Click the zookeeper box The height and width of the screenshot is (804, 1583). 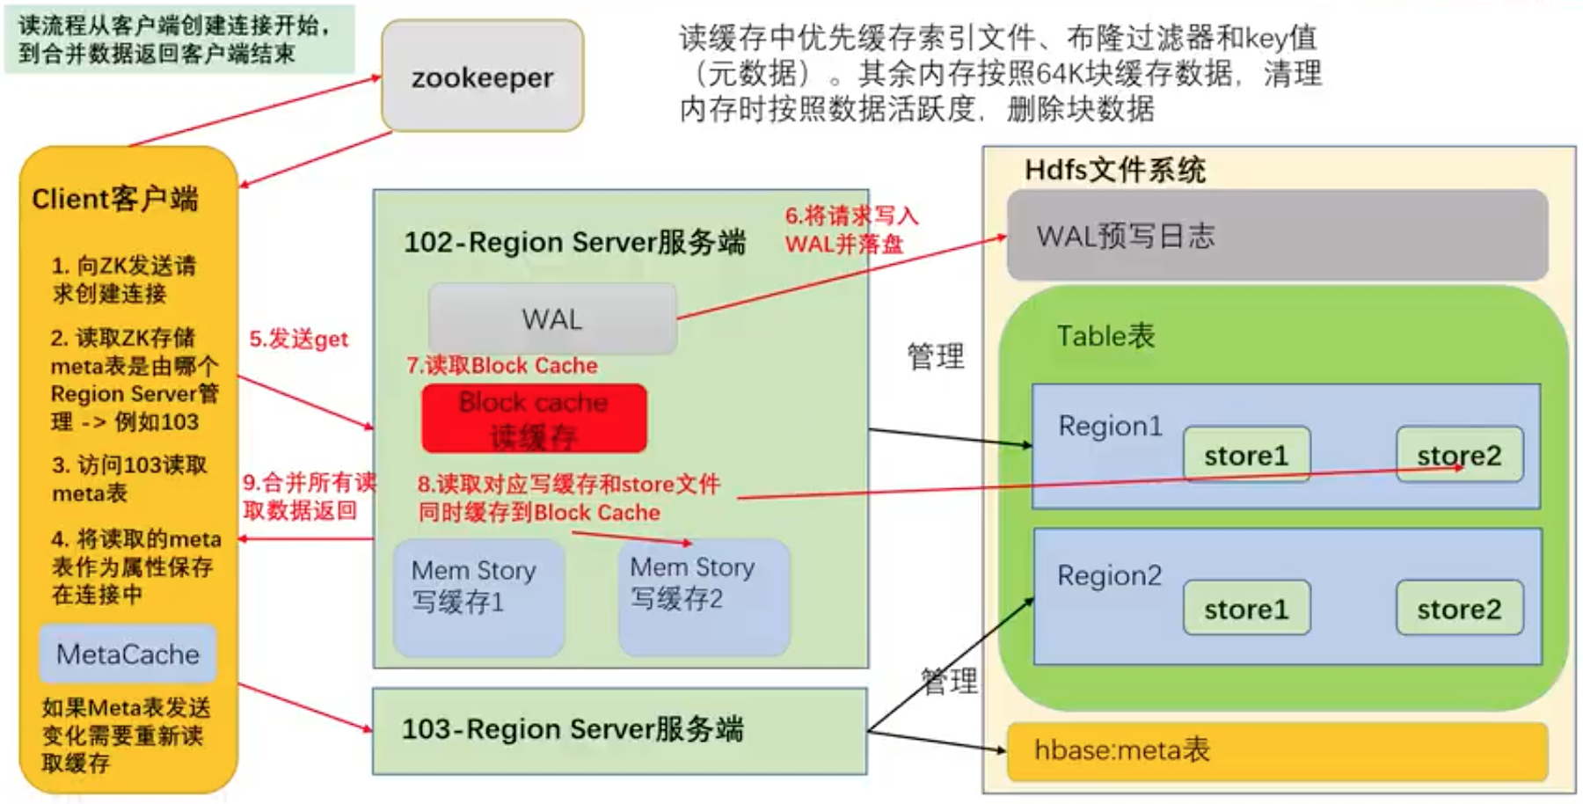point(482,77)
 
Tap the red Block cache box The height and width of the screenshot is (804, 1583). point(534,419)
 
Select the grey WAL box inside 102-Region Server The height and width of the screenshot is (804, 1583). point(552,318)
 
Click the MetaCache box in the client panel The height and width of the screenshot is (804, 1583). point(128,654)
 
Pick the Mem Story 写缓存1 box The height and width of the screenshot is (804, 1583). point(478,597)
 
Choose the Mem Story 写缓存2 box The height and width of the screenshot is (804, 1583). point(704,596)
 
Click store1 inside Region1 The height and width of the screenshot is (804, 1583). point(1246,455)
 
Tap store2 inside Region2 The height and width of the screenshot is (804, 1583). point(1459,608)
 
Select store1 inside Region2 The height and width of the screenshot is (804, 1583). point(1246,608)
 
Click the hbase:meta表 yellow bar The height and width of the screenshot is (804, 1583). point(1277,751)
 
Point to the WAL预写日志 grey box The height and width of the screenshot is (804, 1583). point(1277,235)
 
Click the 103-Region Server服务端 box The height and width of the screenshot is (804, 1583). point(619,730)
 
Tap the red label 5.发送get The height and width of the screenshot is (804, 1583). point(298,339)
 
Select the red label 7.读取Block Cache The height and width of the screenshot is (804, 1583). point(502,365)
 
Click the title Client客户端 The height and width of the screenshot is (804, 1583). point(115,199)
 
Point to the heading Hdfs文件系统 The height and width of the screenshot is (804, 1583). point(1115,169)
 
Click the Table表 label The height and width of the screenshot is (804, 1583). point(1105,335)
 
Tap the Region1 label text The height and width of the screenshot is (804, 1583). point(1110,426)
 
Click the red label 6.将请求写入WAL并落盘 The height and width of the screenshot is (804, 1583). point(850,230)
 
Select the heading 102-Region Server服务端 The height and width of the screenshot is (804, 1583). point(574,242)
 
